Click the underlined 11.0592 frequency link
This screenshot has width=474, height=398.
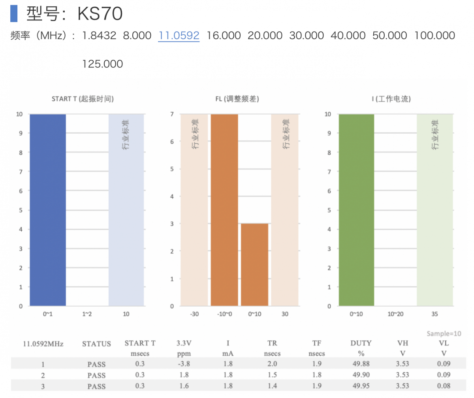click(x=179, y=36)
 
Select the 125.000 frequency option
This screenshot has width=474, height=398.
click(x=102, y=64)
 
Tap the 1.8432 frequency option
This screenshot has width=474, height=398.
click(x=99, y=36)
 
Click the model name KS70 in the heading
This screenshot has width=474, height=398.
click(x=100, y=14)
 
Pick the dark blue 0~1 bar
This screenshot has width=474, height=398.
click(x=47, y=210)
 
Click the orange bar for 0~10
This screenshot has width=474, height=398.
click(x=255, y=264)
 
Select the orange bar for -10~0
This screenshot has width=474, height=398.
click(x=224, y=210)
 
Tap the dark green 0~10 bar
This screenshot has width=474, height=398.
click(x=356, y=210)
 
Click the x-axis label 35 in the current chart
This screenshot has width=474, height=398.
click(x=434, y=315)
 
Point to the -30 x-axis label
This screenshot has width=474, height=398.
click(x=194, y=315)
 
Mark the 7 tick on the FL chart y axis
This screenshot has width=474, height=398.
click(x=172, y=114)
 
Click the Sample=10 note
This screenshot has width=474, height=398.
click(x=444, y=334)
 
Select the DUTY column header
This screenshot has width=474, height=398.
click(x=361, y=343)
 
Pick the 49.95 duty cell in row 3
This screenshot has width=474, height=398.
click(x=361, y=386)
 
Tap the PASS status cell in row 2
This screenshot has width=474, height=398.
click(x=96, y=375)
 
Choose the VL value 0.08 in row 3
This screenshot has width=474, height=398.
click(x=444, y=386)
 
